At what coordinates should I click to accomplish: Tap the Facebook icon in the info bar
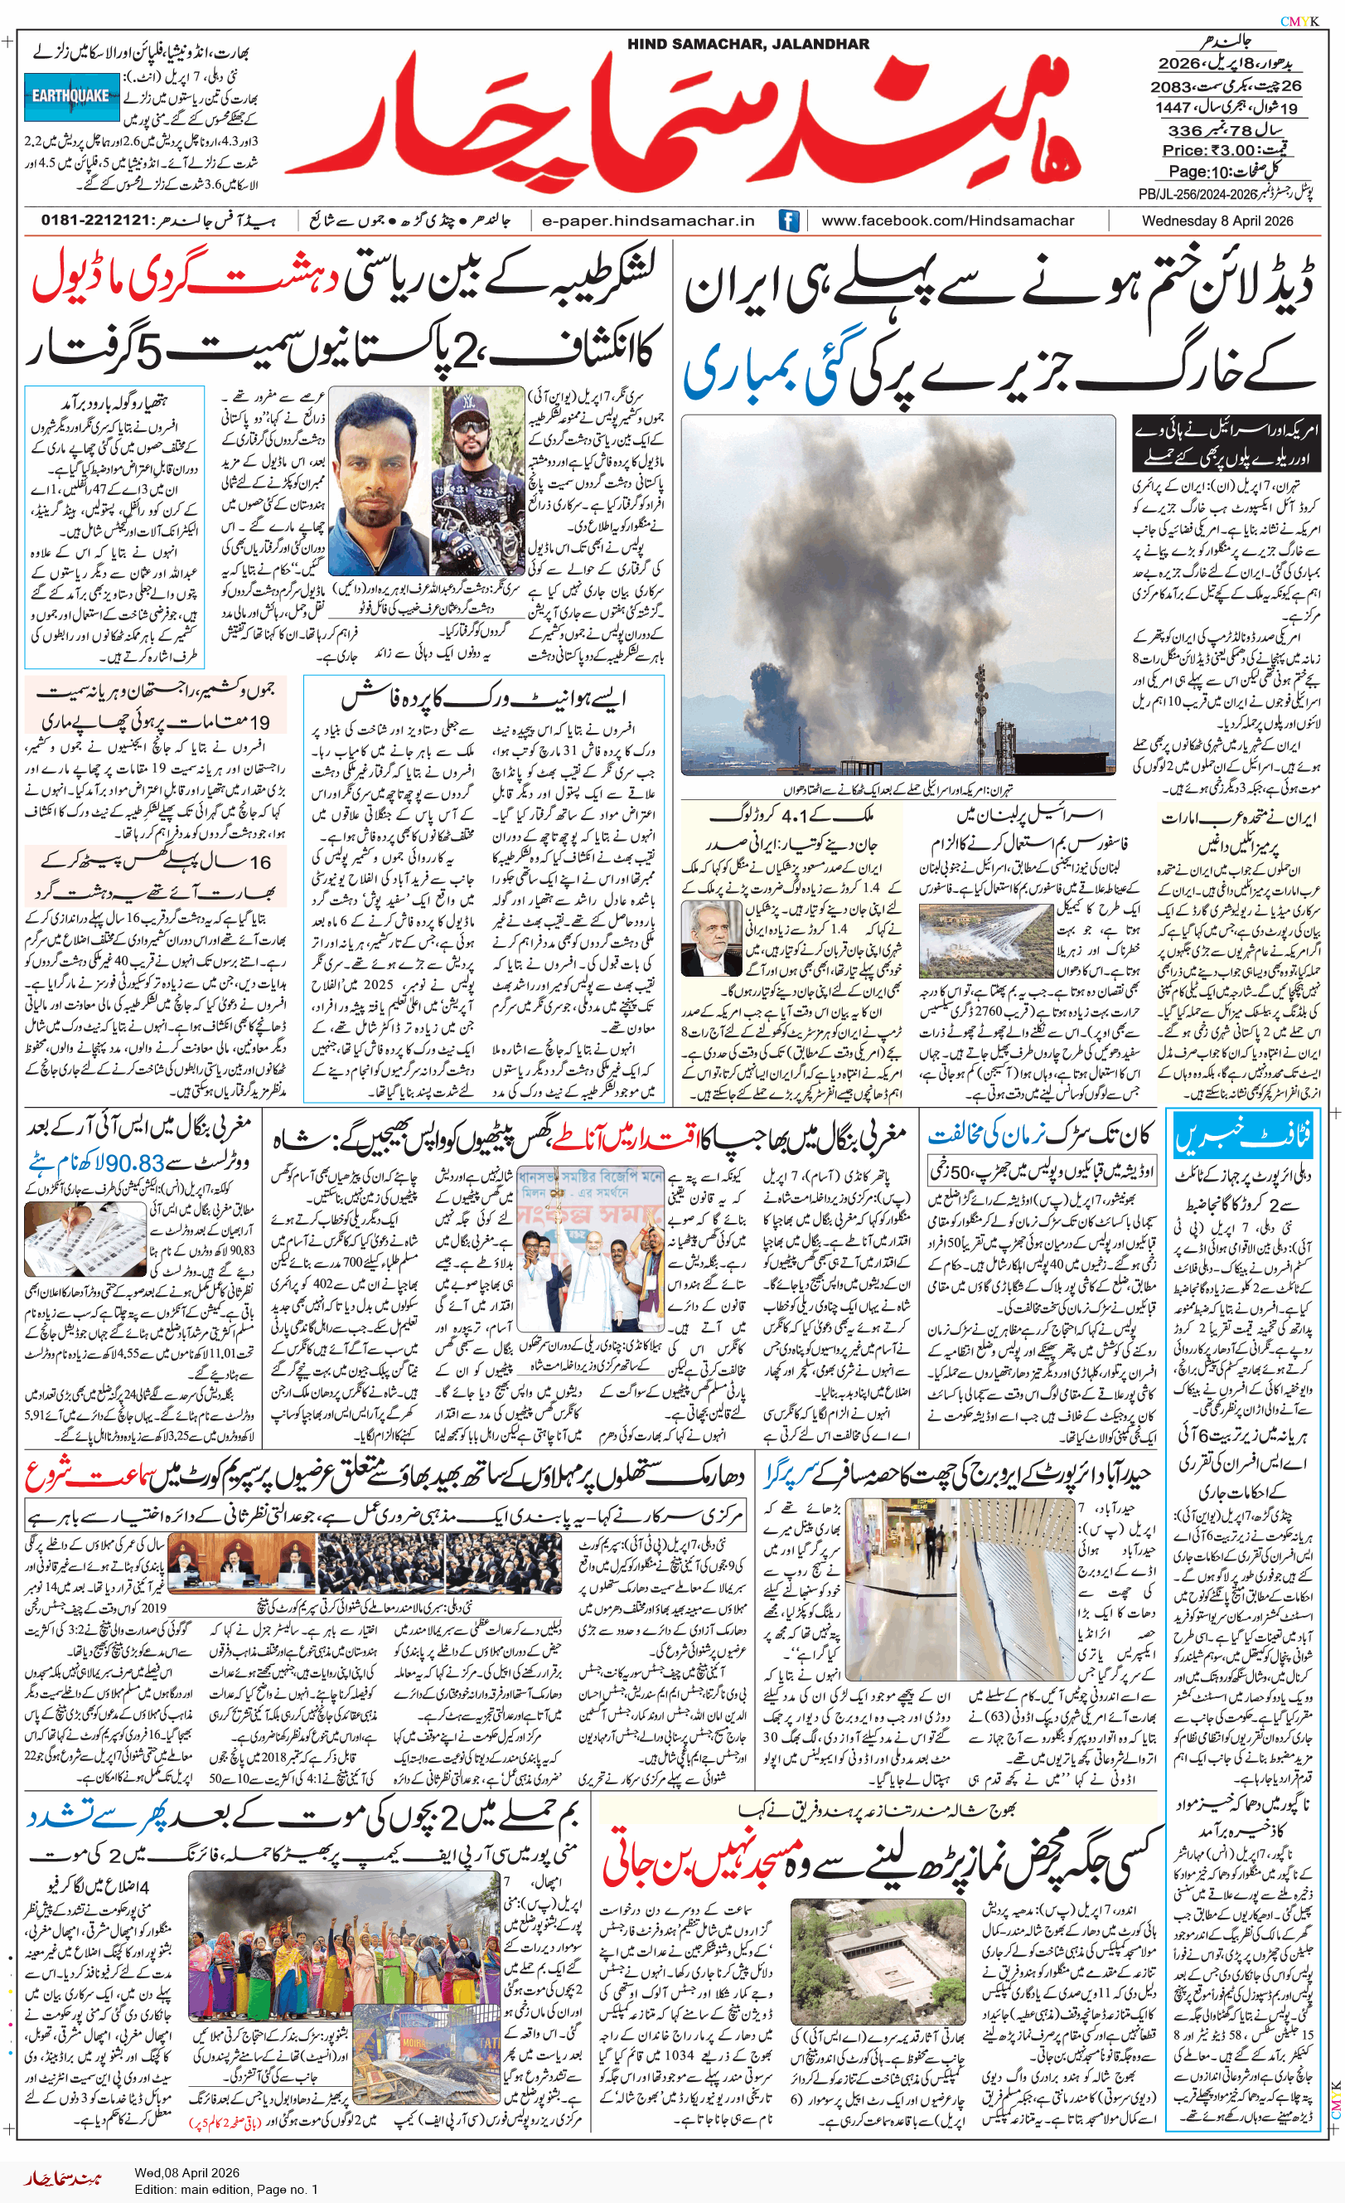click(788, 221)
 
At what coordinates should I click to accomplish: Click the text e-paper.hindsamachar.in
click(648, 221)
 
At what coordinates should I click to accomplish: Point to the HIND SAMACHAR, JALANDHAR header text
click(747, 44)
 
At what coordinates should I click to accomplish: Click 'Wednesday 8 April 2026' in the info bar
click(1217, 221)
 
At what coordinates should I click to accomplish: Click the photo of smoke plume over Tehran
click(898, 594)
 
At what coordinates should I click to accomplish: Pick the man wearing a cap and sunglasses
click(477, 481)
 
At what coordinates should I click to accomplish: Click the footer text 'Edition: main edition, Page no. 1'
click(226, 2190)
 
